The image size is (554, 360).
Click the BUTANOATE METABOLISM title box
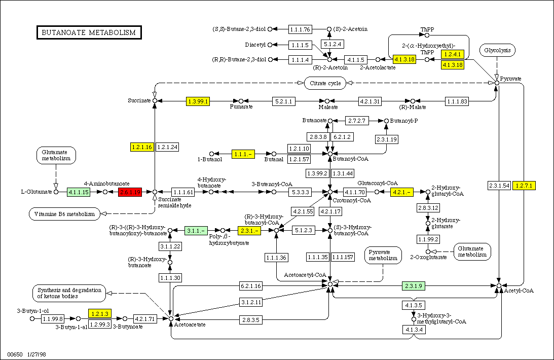(x=89, y=32)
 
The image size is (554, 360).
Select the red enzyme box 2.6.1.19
(x=129, y=192)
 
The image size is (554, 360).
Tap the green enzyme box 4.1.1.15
(x=79, y=192)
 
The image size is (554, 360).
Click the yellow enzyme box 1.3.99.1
(x=198, y=101)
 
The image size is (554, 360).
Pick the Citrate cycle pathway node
(x=325, y=83)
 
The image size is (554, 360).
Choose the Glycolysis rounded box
(x=498, y=50)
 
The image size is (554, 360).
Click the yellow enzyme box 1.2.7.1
(x=524, y=185)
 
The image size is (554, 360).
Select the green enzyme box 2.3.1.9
(x=414, y=286)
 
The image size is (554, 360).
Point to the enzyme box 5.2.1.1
(x=284, y=101)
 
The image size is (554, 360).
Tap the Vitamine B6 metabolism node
(x=64, y=214)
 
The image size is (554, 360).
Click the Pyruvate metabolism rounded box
(x=383, y=255)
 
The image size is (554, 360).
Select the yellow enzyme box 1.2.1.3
(x=99, y=314)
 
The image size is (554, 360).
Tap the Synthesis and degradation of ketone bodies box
(x=69, y=293)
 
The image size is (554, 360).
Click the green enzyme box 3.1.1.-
(x=197, y=231)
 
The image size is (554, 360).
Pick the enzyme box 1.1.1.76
(x=300, y=29)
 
